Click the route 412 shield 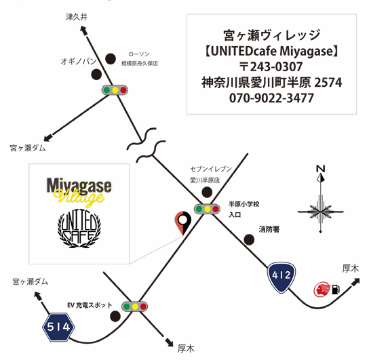coord(281,278)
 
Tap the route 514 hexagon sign coord(58,327)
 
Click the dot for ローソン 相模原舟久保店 coord(111,59)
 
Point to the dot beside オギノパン coord(96,75)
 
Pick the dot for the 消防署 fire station coord(249,239)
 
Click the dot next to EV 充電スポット coord(115,316)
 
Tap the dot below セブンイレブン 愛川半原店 coord(207,192)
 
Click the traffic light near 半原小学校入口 coord(207,209)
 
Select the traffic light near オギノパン coord(115,90)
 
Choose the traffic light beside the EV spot coord(135,306)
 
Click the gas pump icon coord(336,289)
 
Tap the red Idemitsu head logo coord(322,289)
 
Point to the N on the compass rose coord(321,169)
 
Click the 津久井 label coord(77,17)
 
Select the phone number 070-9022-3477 coord(271,98)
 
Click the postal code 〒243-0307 coord(271,66)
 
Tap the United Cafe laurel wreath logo coord(79,228)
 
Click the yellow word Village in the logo coord(79,198)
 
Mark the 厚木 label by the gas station coord(351,268)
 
